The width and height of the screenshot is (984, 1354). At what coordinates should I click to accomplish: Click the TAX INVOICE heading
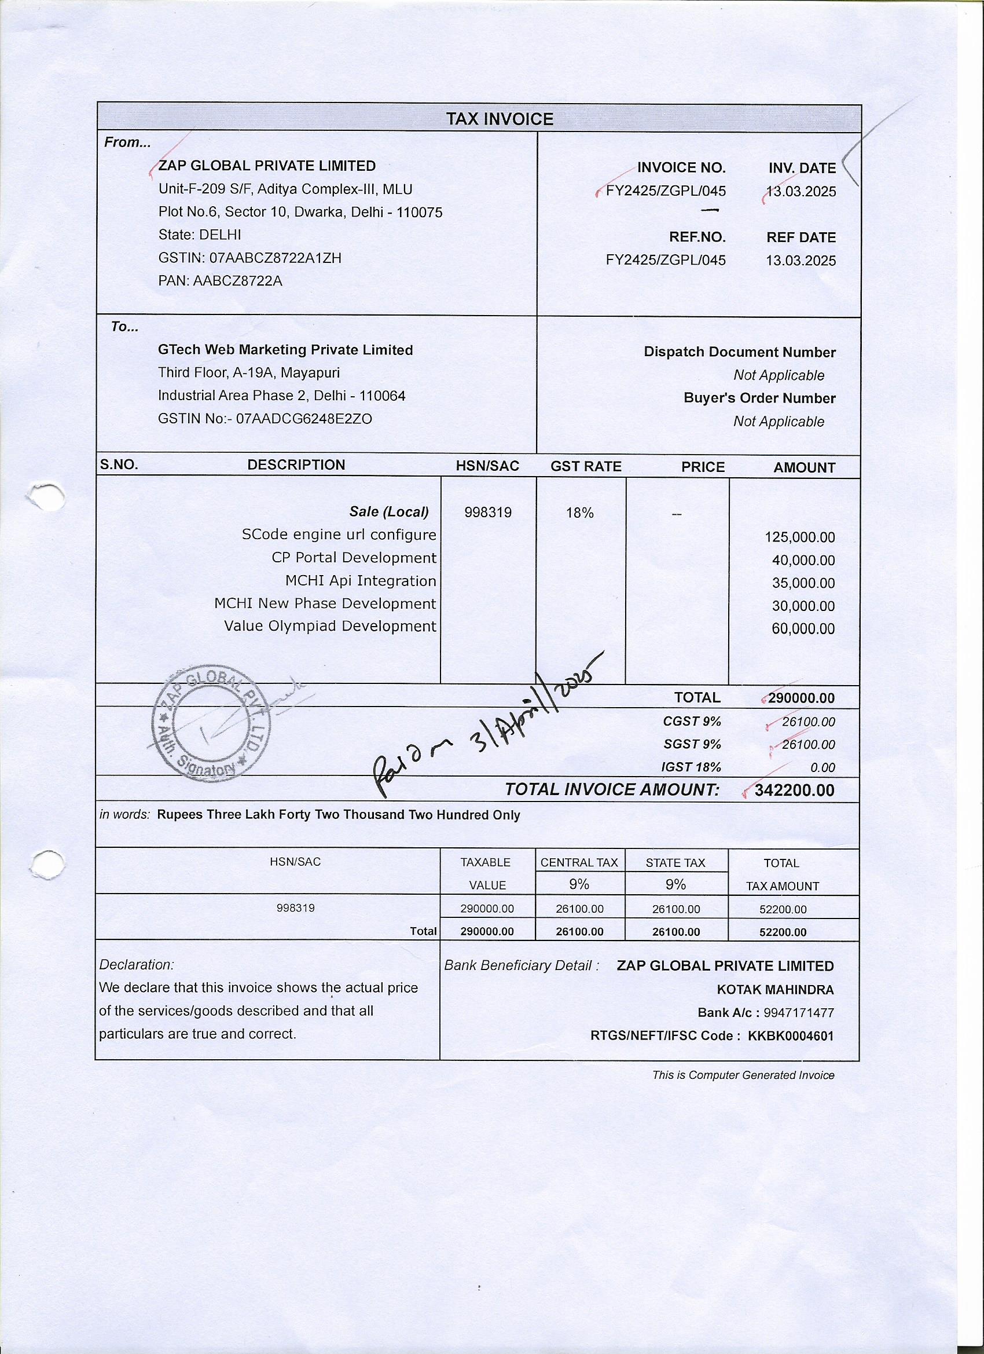(x=500, y=119)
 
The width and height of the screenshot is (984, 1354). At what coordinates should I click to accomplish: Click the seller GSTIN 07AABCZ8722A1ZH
(x=274, y=258)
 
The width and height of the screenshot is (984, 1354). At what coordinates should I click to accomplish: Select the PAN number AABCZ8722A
(x=237, y=281)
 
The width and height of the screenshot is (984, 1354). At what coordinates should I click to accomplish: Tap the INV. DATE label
(x=802, y=169)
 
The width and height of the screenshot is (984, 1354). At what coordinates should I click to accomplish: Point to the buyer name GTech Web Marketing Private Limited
(x=285, y=350)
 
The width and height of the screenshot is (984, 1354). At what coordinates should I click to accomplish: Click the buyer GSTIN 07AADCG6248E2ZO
(x=304, y=419)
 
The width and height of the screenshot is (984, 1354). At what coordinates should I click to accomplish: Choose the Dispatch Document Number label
(x=739, y=352)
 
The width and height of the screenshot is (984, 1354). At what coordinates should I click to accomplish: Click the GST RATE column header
(x=585, y=466)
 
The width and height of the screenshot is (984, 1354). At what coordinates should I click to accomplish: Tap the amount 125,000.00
(x=799, y=537)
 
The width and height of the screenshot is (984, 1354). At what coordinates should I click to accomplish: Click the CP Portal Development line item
(x=354, y=558)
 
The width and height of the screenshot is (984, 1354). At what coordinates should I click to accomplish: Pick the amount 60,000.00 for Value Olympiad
(x=803, y=629)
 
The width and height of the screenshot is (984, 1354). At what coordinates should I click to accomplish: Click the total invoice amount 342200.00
(x=794, y=791)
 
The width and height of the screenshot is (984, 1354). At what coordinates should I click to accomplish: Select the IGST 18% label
(x=691, y=767)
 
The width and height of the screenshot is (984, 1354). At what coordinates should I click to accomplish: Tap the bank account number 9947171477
(x=798, y=1012)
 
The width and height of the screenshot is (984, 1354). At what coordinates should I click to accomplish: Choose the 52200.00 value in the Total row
(x=783, y=932)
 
